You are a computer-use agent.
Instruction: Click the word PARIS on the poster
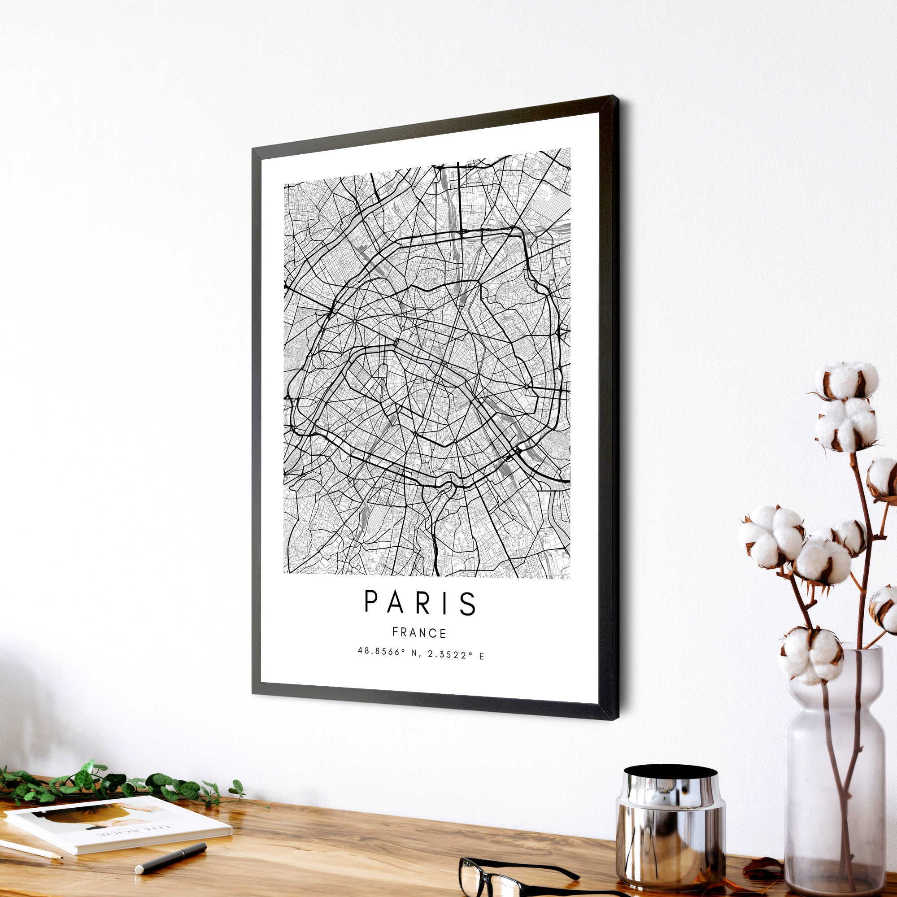coord(420,603)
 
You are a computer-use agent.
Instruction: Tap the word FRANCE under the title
coord(419,633)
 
